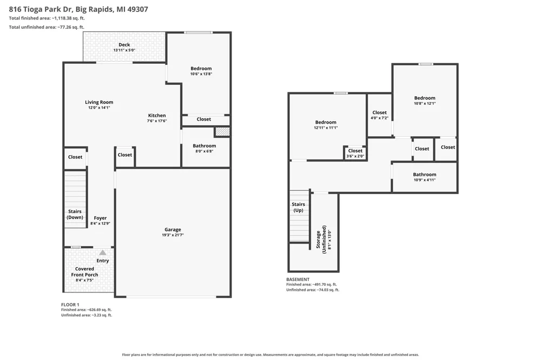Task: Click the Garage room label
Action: pos(173,230)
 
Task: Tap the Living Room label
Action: pos(99,102)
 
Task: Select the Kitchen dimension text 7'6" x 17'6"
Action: pos(157,121)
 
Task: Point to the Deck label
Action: pos(124,44)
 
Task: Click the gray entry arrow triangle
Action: pos(103,252)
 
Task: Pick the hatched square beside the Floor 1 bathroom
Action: pos(222,132)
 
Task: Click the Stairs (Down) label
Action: pos(75,214)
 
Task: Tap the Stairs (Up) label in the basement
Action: pos(299,207)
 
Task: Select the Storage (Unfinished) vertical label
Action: pos(321,239)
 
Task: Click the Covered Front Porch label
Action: pos(84,272)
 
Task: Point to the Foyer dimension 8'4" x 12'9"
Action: pos(101,223)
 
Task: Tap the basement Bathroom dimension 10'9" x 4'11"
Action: pos(425,179)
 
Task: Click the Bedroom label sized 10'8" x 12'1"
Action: pos(425,98)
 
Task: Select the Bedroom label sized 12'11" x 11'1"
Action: pos(326,122)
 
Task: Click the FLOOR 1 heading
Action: pos(70,304)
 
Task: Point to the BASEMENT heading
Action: pos(298,279)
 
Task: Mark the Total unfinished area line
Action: pos(47,27)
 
